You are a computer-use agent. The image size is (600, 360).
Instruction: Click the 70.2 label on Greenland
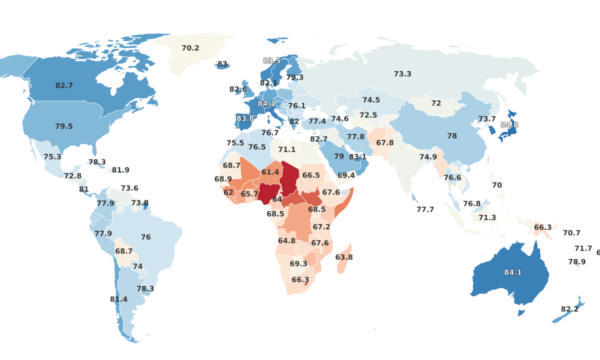[190, 48]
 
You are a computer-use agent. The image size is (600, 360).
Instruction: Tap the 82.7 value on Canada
[64, 86]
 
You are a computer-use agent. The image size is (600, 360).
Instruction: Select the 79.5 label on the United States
[64, 126]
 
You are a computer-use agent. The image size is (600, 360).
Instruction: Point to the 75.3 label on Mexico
[52, 157]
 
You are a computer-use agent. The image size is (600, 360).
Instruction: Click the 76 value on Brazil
[146, 237]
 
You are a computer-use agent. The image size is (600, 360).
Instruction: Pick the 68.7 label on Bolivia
[124, 251]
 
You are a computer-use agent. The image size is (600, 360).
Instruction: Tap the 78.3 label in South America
[145, 289]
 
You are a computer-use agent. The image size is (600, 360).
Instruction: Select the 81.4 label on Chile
[118, 299]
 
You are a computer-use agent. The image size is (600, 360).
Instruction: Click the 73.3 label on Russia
[402, 74]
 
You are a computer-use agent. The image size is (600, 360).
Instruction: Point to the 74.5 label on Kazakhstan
[371, 100]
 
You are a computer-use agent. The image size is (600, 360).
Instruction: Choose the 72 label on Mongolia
[436, 103]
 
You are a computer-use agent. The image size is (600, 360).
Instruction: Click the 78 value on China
[452, 136]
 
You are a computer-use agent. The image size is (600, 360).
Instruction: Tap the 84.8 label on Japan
[509, 125]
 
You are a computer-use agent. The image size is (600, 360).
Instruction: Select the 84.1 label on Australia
[512, 272]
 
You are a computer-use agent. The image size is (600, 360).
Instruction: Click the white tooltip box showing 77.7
[425, 209]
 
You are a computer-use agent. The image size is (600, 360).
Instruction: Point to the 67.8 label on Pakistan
[385, 143]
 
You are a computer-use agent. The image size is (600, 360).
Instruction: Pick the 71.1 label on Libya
[286, 149]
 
